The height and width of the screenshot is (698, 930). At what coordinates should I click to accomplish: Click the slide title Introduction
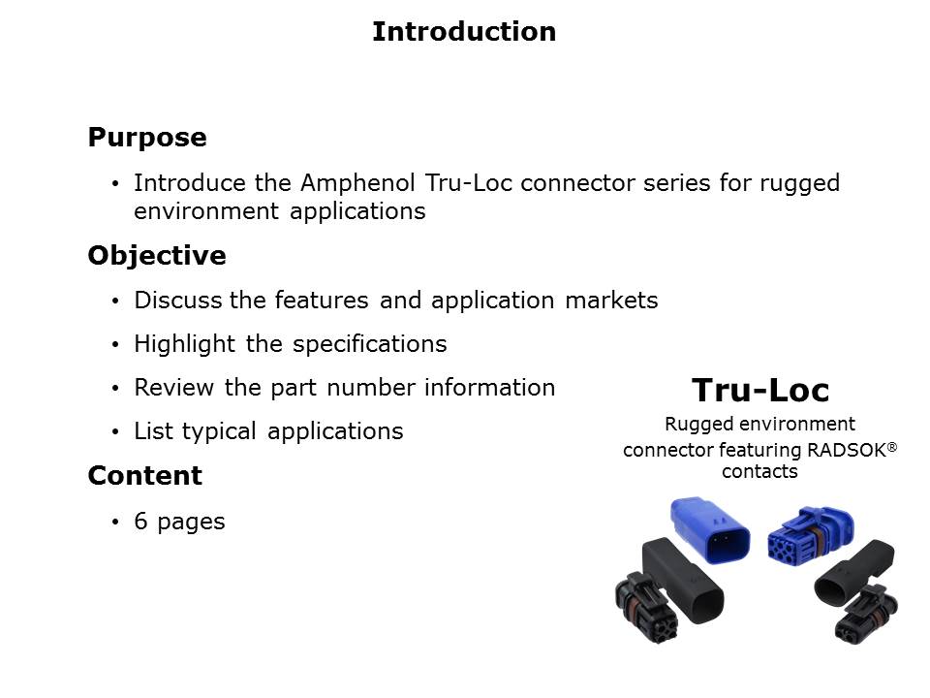pos(464,32)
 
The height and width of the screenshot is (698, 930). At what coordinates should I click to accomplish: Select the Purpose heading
pos(147,138)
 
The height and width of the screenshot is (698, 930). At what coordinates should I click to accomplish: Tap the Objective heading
pos(157,256)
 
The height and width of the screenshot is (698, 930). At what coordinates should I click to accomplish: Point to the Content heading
pos(145,476)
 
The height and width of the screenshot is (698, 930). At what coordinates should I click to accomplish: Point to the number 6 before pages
pos(140,522)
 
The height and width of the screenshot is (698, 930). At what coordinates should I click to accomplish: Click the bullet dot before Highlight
pos(116,345)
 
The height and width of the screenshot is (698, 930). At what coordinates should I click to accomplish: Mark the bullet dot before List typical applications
pos(116,432)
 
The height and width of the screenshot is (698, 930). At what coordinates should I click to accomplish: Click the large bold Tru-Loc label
pos(760,391)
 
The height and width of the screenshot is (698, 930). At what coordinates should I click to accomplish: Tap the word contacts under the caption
pos(760,472)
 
